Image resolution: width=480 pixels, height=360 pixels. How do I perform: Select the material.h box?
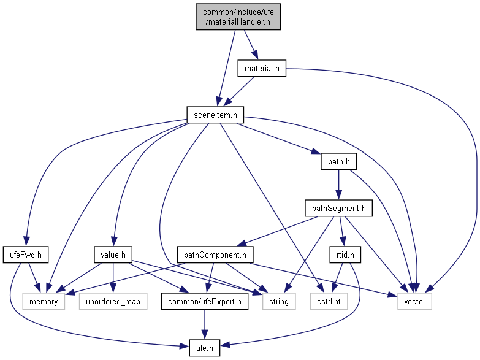pos(262,69)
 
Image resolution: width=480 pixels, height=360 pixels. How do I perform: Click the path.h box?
pos(339,163)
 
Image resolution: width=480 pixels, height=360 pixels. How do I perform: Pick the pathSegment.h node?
pos(339,209)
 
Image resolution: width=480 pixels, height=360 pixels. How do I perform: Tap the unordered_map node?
pos(113,301)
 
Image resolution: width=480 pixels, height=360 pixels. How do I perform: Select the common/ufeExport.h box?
pos(205,301)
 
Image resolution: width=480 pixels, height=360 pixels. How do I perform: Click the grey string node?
pos(279,301)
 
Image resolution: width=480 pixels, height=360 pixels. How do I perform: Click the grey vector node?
pos(415,301)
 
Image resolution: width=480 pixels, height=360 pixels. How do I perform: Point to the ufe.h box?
pos(205,347)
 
